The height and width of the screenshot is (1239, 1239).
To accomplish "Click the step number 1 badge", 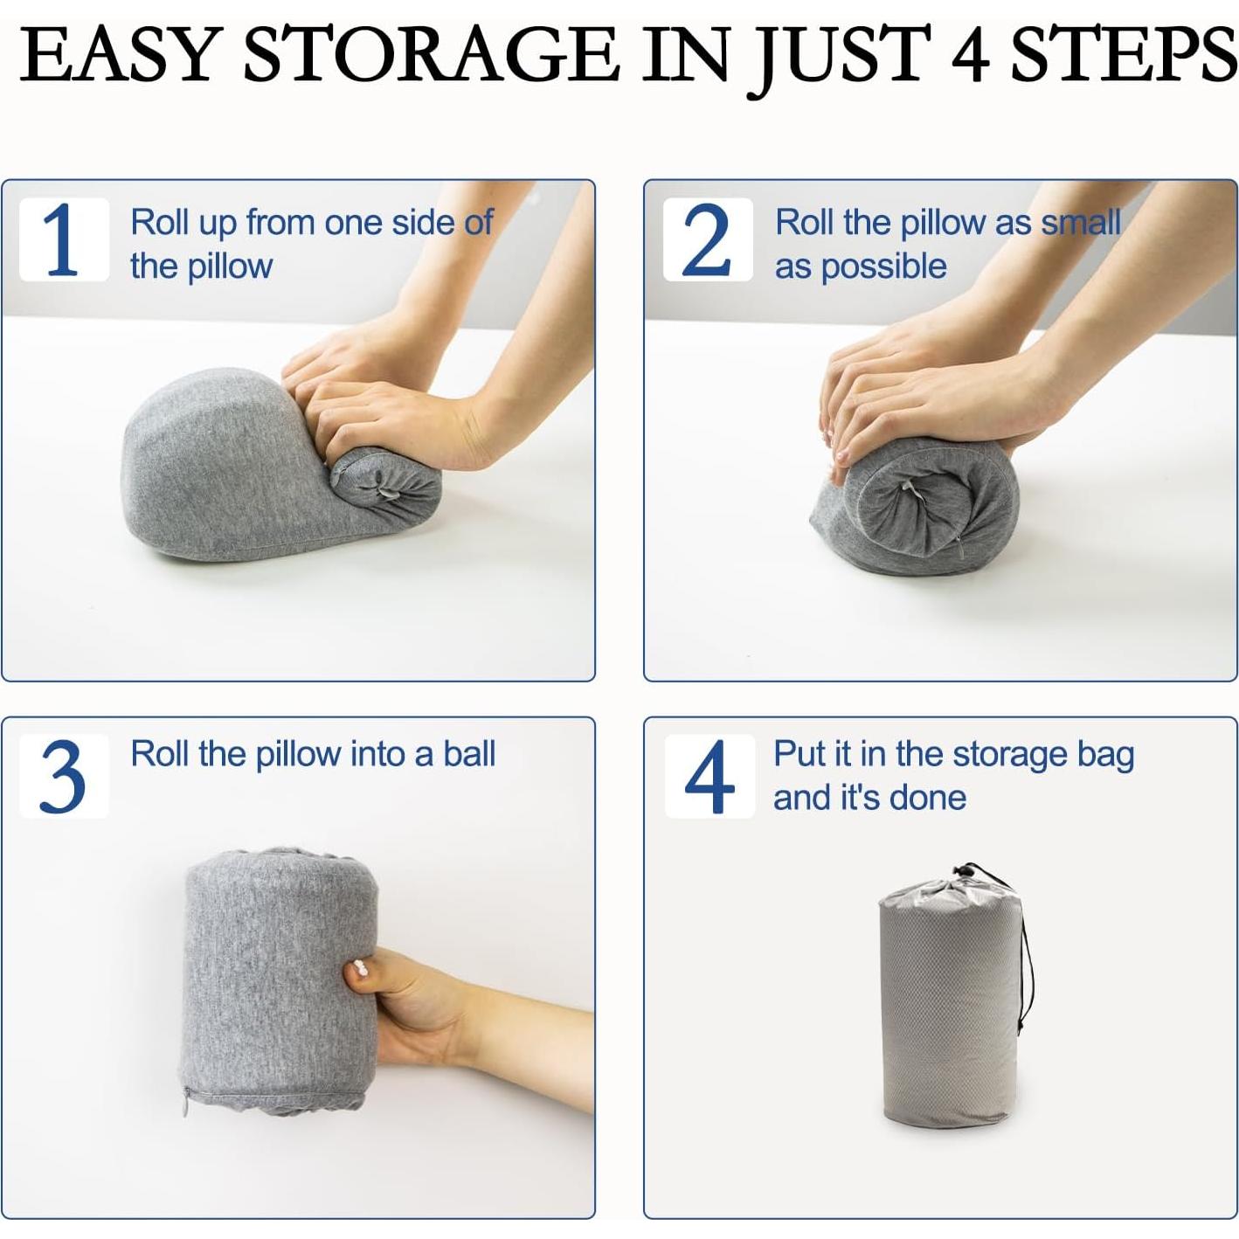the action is pyautogui.click(x=64, y=239).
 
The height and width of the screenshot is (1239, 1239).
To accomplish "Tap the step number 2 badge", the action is pyautogui.click(x=707, y=239).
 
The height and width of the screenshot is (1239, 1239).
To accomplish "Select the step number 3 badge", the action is pyautogui.click(x=64, y=775).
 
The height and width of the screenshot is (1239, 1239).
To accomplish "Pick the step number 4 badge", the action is pyautogui.click(x=709, y=775).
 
